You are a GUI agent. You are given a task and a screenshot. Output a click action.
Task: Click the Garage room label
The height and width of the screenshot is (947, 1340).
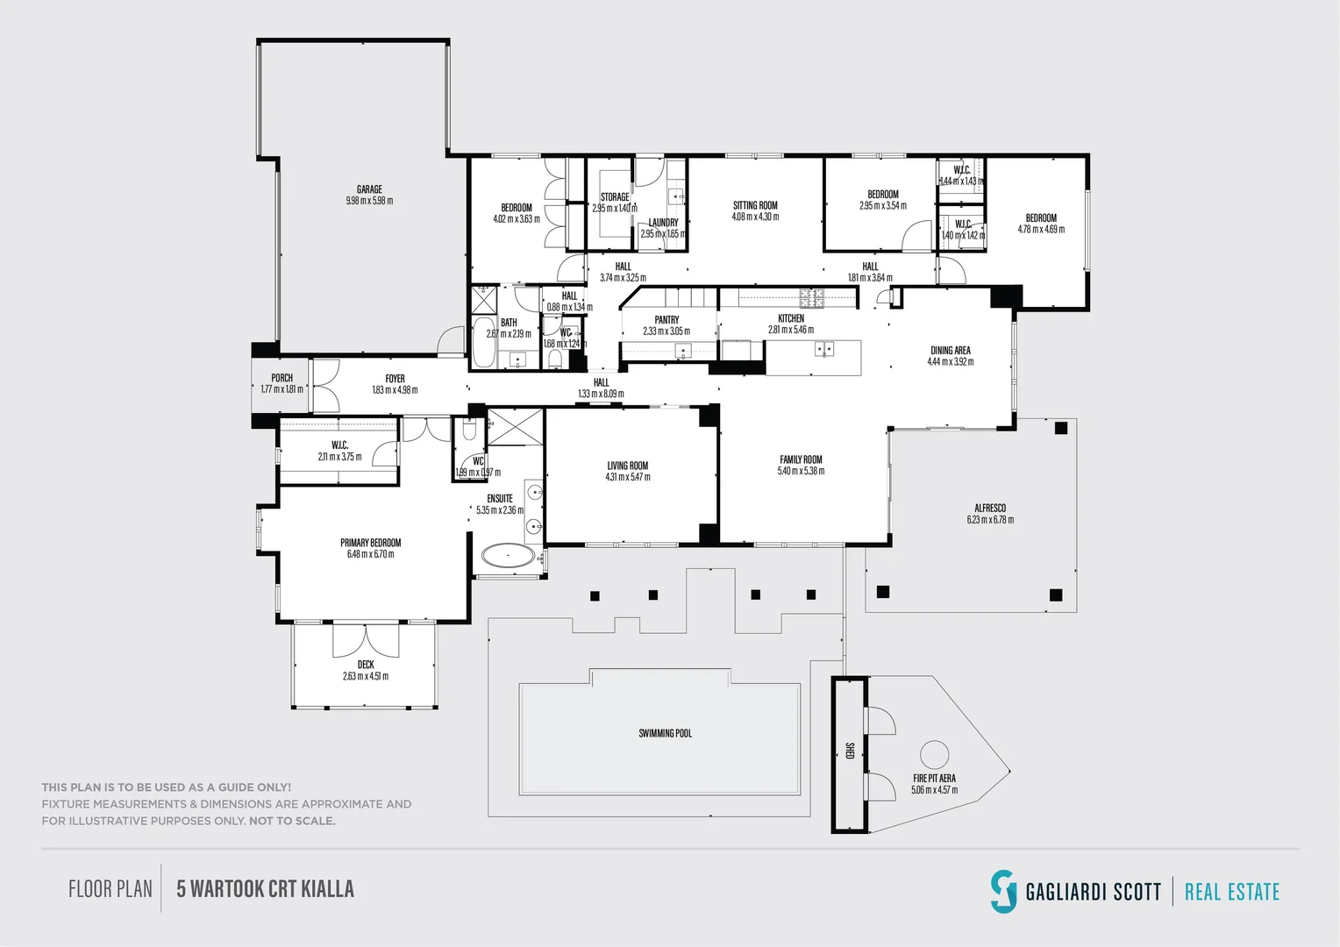coord(369,189)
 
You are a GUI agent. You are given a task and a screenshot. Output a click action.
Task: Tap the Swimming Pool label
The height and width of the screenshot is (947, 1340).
coord(665,733)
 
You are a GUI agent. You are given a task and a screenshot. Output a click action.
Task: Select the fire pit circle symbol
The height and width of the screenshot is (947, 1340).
coord(934,755)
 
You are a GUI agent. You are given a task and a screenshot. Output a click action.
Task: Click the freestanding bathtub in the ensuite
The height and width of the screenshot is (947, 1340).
coord(508,556)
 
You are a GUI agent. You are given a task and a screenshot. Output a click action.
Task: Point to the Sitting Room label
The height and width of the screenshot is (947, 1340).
coord(755,205)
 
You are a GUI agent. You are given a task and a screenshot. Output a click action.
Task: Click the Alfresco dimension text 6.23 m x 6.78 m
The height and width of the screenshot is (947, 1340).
coord(990,520)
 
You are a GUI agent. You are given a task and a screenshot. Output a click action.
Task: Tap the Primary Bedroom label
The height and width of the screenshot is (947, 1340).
coord(370,543)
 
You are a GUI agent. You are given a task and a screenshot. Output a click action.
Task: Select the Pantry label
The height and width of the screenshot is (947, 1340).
coord(666,320)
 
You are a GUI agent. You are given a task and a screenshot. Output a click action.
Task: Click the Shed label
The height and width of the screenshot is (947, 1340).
coord(849,751)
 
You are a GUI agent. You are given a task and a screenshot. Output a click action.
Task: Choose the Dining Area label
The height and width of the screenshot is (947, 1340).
coord(950,350)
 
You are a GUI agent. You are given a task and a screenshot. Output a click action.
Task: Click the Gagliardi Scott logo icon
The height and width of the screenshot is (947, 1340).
coord(1002,891)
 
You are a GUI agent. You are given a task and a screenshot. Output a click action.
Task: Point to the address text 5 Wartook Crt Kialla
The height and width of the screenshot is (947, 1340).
coord(265,889)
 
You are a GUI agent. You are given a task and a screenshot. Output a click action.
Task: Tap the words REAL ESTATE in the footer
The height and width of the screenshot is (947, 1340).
coord(1231,893)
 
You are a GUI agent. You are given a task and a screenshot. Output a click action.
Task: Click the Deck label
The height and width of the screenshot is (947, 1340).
coord(366,665)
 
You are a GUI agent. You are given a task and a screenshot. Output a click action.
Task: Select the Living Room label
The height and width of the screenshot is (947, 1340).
coord(627,466)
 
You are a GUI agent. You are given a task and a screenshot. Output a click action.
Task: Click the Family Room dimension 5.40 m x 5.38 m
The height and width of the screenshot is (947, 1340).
coord(801,471)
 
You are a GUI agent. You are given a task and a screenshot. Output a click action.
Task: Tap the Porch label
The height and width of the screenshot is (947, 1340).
coord(282,378)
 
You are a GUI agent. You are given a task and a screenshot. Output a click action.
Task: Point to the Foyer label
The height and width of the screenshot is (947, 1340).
coord(395,379)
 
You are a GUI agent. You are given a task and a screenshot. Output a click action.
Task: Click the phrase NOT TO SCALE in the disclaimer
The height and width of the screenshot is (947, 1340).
coord(292,822)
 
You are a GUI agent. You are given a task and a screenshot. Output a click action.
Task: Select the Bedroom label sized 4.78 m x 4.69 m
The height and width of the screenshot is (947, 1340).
coord(1041,217)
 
